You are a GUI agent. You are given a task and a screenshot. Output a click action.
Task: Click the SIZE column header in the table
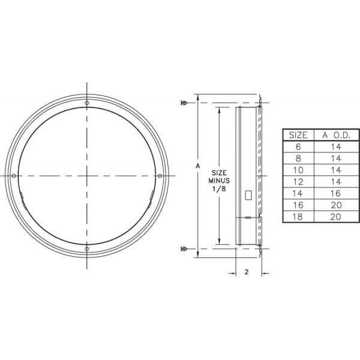point(298,135)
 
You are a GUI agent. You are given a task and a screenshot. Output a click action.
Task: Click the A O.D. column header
point(331,135)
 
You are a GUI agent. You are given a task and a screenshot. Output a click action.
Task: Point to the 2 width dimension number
point(247,272)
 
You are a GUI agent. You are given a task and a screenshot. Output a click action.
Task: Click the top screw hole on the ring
point(87,103)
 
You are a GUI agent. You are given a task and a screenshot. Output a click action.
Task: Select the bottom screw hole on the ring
point(87,248)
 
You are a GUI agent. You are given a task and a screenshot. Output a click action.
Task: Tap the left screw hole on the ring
point(14,175)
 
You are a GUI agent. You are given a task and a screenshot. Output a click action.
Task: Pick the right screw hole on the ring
point(160,175)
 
